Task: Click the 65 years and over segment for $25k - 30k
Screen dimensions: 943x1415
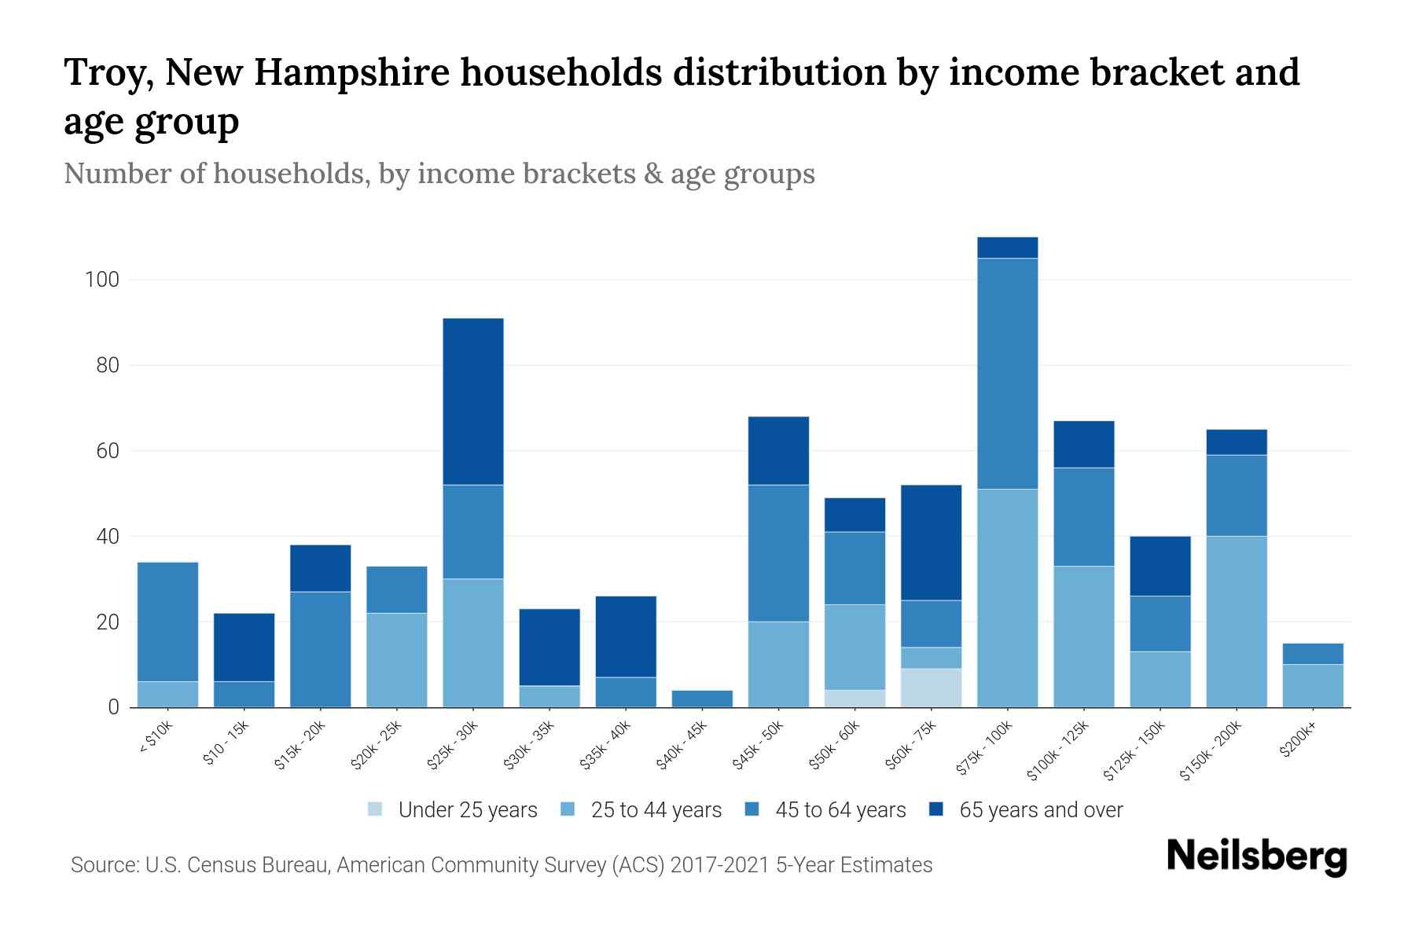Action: click(x=473, y=402)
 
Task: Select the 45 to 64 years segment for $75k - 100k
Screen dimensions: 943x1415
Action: click(x=1007, y=373)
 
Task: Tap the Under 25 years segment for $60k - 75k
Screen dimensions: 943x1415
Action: click(x=931, y=688)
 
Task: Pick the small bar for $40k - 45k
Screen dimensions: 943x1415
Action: click(x=702, y=699)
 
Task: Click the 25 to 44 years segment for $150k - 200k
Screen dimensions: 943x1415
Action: click(x=1236, y=621)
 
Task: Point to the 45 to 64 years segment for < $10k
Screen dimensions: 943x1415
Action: click(x=167, y=622)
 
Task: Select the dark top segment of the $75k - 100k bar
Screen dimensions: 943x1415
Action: click(x=1007, y=248)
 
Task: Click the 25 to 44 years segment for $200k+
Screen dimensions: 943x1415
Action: click(x=1312, y=685)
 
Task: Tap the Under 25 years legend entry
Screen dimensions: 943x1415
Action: click(x=467, y=810)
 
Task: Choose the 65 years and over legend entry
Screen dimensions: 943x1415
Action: click(x=1041, y=810)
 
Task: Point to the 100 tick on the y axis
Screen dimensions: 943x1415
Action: click(x=101, y=280)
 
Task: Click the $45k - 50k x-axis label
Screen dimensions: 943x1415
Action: click(x=759, y=745)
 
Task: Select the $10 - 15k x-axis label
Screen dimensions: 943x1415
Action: click(x=226, y=743)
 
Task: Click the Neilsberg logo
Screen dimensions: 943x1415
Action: click(x=1256, y=857)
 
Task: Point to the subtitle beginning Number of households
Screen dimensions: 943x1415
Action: click(x=439, y=174)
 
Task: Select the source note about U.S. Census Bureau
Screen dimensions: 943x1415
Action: click(x=502, y=865)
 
